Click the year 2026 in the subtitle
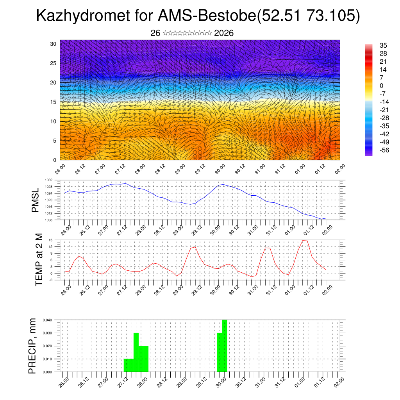coord(224,33)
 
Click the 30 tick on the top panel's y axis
coord(54,44)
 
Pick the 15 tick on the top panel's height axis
coord(54,102)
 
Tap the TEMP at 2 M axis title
coord(39,260)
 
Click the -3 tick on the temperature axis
coord(51,280)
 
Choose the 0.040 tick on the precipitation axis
coord(48,320)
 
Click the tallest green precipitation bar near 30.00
coord(224,346)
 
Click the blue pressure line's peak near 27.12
coord(125,183)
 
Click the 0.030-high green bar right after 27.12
coord(136,352)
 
